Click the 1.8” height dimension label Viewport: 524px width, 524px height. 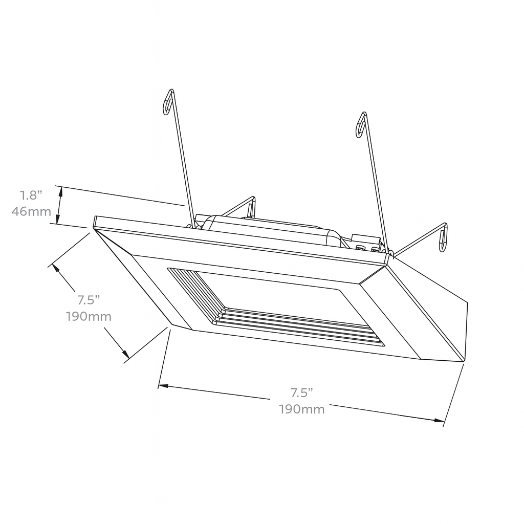pos(30,195)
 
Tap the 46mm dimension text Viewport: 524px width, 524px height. pos(31,211)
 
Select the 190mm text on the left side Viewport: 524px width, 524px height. pos(89,316)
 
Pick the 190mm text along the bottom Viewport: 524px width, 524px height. pos(302,409)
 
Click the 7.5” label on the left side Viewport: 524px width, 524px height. pos(89,299)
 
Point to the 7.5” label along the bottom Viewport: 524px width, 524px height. pos(302,393)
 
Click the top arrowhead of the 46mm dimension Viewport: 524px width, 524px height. pos(61,190)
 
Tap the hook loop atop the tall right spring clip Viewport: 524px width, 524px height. pos(361,124)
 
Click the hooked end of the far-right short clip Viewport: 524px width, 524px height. pos(443,238)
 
